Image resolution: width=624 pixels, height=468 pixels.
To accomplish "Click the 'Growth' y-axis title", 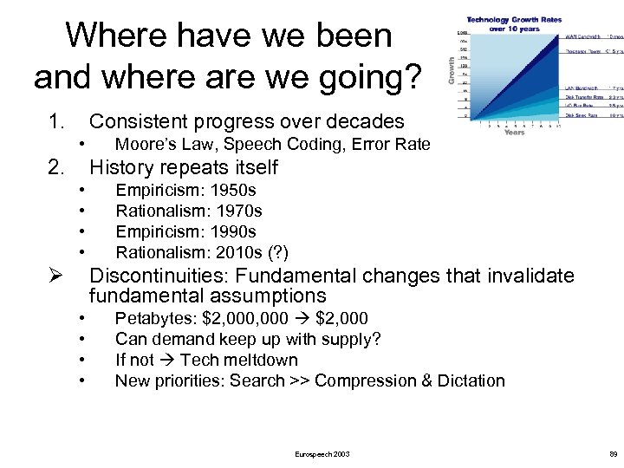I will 451,70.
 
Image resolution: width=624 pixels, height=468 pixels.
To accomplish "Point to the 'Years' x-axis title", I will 514,133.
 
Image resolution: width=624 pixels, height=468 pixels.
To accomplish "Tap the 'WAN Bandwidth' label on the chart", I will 584,36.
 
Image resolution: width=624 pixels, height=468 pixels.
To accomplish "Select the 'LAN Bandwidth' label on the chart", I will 583,88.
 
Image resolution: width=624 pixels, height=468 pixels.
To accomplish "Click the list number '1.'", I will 57,121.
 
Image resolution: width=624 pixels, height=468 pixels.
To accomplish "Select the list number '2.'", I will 57,166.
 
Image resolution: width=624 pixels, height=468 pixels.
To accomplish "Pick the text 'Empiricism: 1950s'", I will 185,190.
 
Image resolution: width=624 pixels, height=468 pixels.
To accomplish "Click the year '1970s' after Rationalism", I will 241,211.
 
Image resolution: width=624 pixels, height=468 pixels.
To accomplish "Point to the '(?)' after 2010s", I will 278,252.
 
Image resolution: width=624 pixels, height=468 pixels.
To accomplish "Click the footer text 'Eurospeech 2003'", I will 322,453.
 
